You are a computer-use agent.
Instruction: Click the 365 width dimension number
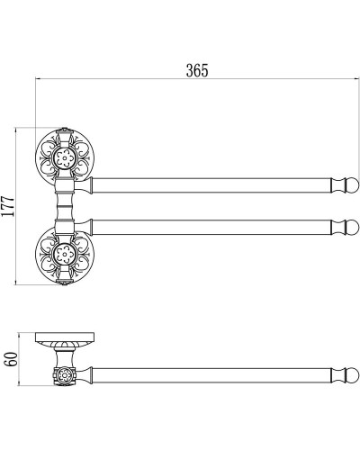[x=196, y=70]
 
